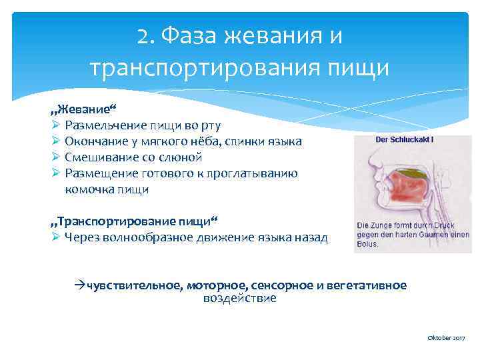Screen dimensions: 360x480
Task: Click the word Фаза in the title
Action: point(189,36)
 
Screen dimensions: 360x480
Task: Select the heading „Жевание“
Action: point(79,109)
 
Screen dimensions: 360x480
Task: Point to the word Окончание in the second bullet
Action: point(98,141)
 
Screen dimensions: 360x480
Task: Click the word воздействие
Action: point(239,299)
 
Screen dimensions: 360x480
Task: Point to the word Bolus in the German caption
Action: point(367,244)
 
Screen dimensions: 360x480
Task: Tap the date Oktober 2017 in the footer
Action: point(446,339)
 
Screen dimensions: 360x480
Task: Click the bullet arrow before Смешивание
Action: point(56,157)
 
